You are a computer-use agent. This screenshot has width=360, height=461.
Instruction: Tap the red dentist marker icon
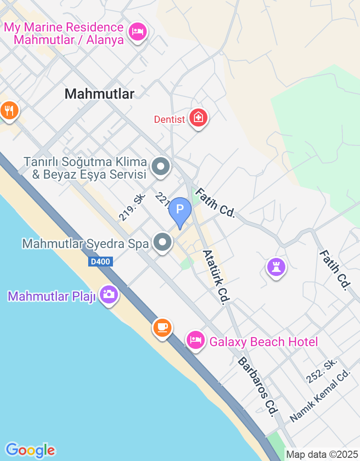coord(198,118)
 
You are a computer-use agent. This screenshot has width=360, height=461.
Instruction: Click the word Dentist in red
coord(170,119)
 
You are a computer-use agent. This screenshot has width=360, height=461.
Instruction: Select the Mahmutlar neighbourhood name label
coord(99,94)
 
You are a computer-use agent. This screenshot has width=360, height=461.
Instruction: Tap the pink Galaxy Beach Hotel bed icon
coord(196,340)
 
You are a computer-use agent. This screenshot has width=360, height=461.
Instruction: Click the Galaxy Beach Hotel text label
coord(264,342)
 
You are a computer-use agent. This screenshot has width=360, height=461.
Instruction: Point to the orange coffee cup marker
coord(162,326)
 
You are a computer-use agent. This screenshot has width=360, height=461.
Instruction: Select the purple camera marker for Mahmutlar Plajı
coord(108,294)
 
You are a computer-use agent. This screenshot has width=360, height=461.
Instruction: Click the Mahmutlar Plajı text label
coord(52,297)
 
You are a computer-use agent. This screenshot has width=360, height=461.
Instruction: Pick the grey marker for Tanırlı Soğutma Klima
coord(160,166)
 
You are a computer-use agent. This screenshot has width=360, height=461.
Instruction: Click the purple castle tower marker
coord(276,267)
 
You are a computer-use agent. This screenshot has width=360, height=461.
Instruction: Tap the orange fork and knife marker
coord(9,110)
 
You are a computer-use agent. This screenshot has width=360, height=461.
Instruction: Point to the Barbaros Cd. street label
coord(256,387)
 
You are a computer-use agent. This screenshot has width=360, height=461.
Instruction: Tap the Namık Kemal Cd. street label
coord(320,396)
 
